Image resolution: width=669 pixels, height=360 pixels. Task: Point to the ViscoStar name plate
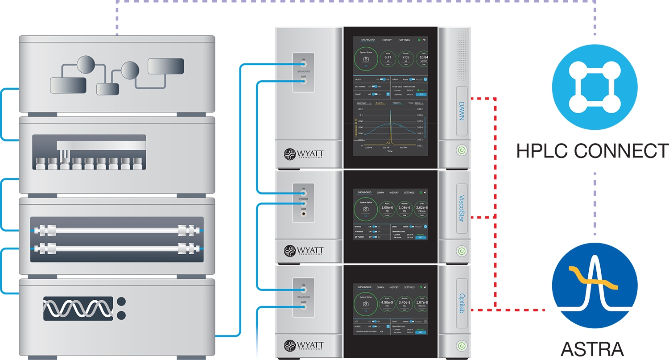(x=462, y=208)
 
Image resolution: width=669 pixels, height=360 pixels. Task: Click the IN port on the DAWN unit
(x=303, y=65)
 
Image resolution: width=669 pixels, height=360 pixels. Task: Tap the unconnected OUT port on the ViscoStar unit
(x=303, y=214)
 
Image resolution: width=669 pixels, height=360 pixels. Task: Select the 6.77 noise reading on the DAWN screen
(x=388, y=58)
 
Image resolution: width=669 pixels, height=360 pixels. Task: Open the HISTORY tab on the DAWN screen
(x=387, y=40)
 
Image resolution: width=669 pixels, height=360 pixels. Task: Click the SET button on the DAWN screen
(x=420, y=95)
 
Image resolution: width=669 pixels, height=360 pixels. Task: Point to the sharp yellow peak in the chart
(x=389, y=129)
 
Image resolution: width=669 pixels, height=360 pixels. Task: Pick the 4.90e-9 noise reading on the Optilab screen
(x=387, y=302)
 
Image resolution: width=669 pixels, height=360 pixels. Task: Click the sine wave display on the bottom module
(x=78, y=308)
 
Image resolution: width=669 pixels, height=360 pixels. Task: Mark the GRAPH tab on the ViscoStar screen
(x=380, y=193)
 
